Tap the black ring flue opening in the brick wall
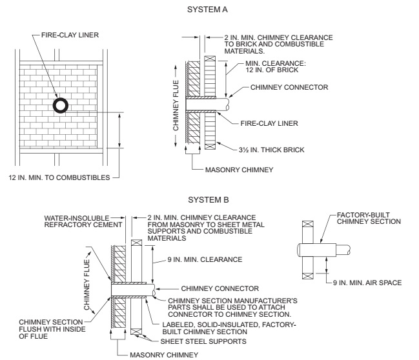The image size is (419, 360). point(60,105)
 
